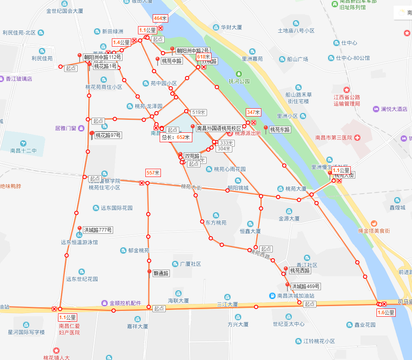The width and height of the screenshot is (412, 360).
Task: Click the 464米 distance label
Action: [160, 18]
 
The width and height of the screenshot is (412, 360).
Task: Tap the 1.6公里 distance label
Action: [386, 313]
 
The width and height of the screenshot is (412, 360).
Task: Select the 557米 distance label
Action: [153, 173]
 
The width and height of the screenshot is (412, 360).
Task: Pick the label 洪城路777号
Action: [98, 230]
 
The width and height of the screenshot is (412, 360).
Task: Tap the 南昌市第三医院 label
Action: [334, 137]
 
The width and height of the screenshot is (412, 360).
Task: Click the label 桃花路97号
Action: [108, 135]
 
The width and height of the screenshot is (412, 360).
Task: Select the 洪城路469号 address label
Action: [305, 286]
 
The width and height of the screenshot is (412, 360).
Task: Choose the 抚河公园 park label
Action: [239, 81]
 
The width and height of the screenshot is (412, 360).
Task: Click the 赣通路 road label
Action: [161, 273]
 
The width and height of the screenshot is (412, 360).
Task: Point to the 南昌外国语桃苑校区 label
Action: [219, 128]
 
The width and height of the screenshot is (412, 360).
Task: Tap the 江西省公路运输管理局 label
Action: [347, 100]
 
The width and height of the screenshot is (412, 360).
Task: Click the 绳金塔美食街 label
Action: [374, 231]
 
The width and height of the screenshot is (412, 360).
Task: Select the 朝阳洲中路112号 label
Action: [102, 57]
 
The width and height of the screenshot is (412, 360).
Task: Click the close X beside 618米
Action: [203, 67]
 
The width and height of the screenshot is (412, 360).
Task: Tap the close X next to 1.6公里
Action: [384, 304]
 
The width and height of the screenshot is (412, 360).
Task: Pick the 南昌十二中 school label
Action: [24, 151]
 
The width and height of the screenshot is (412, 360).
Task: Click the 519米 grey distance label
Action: [199, 112]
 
